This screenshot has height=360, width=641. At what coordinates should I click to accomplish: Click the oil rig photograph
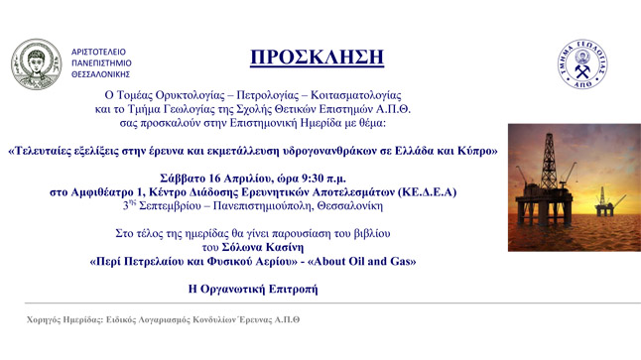tap(570, 175)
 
